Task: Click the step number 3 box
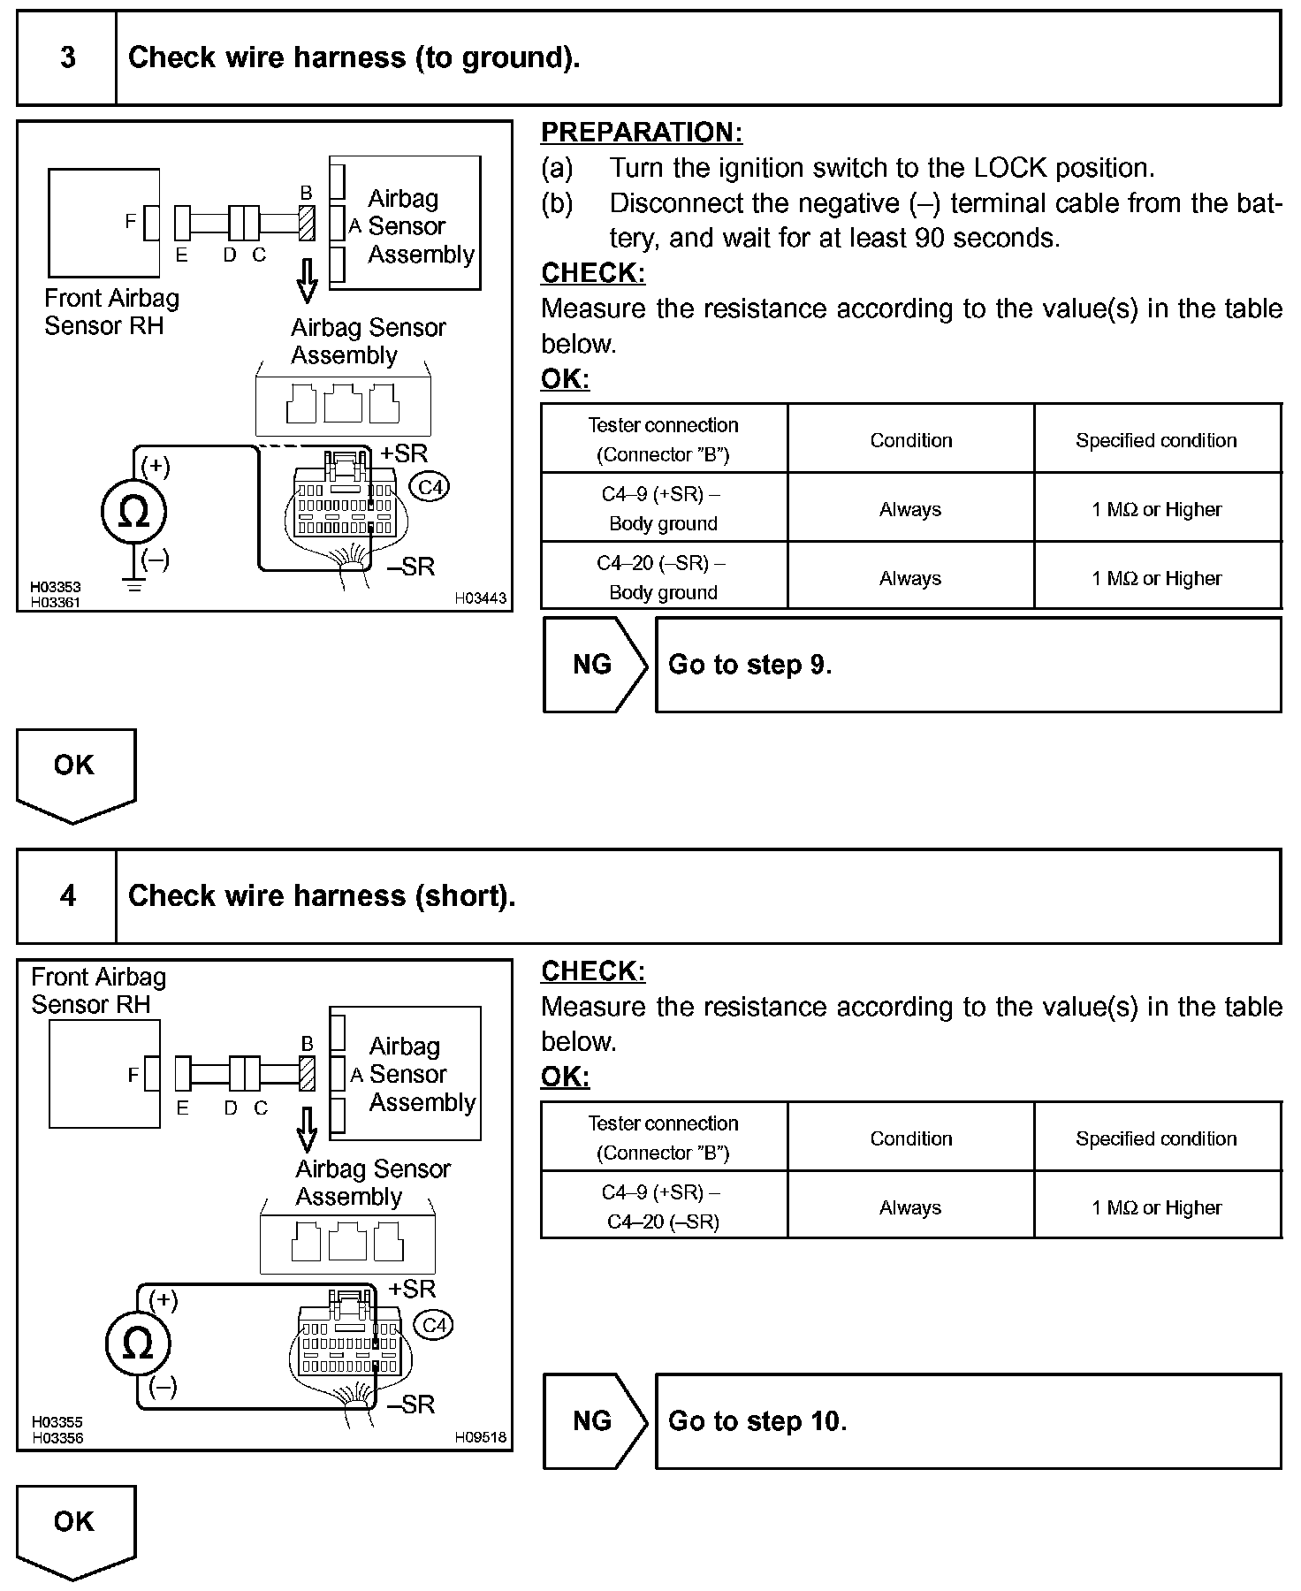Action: pos(67,58)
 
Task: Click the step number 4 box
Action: pos(67,896)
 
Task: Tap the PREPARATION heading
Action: pos(641,133)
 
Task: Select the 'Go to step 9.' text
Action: pos(749,665)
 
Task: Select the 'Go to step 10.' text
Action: pos(757,1421)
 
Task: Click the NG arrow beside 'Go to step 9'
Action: pos(593,665)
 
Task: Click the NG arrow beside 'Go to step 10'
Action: pos(593,1421)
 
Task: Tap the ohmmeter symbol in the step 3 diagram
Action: pos(133,512)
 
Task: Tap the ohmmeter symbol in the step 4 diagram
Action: pos(137,1344)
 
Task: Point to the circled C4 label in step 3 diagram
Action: pos(430,487)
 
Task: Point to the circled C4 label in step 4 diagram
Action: pos(434,1325)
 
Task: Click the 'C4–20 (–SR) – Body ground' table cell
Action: pos(663,577)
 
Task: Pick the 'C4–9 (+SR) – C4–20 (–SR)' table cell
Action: pos(663,1207)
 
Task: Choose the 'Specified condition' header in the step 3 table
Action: pos(1156,440)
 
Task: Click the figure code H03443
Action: pos(480,598)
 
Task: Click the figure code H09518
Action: pos(480,1437)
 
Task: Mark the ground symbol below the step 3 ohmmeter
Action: pos(134,585)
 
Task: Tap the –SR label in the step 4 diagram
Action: pos(411,1404)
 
